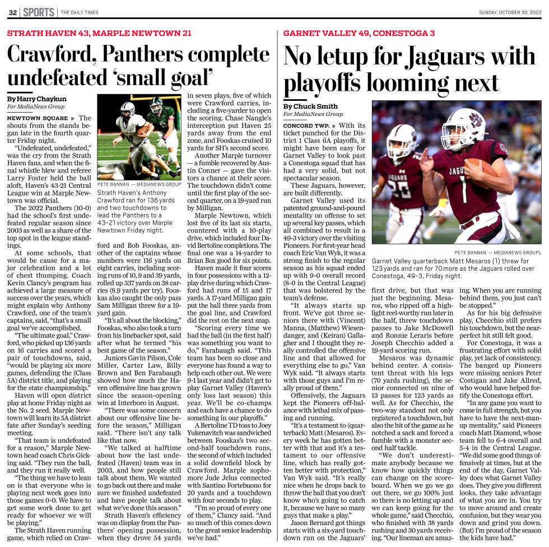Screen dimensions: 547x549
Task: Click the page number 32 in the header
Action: click(x=12, y=12)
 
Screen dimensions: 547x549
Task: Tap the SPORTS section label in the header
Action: click(x=39, y=12)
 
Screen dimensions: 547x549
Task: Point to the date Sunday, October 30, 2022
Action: click(x=510, y=13)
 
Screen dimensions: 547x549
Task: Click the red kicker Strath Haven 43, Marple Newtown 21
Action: click(x=99, y=34)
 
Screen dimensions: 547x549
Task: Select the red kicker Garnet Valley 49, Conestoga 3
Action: click(x=359, y=34)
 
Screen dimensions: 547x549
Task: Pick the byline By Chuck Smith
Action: click(x=310, y=106)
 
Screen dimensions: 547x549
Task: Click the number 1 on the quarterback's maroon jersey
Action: click(x=464, y=191)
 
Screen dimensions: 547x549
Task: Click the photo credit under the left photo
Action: click(x=139, y=184)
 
